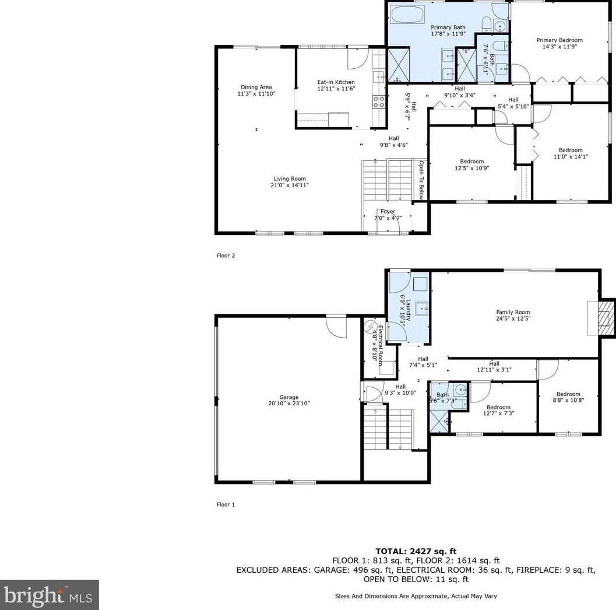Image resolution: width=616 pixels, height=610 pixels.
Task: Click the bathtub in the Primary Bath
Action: point(408,15)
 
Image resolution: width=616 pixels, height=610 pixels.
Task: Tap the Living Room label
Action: point(290,181)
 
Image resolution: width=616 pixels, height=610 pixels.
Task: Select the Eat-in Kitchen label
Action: point(336,85)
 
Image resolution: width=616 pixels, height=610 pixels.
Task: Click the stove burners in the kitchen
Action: point(379,102)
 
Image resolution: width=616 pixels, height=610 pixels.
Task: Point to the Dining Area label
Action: point(256,90)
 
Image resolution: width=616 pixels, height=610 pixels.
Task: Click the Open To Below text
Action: point(421,180)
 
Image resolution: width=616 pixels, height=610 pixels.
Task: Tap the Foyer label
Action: point(388,215)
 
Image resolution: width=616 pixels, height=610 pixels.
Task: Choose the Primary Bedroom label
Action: point(559,43)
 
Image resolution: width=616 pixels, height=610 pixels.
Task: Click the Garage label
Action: point(289,400)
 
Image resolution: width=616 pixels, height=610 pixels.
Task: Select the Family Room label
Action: point(513,315)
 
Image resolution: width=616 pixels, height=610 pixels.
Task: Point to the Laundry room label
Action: point(405,310)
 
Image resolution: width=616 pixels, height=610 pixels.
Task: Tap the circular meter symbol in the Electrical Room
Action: point(370,327)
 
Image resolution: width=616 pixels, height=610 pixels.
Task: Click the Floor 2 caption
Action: point(226,255)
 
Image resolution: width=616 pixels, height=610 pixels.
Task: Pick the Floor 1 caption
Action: point(226,504)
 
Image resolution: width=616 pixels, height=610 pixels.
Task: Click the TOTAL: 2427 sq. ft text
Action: point(416,552)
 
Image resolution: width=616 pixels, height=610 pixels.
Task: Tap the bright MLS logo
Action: point(49,595)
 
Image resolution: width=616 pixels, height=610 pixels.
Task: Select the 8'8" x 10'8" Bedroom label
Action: point(568,397)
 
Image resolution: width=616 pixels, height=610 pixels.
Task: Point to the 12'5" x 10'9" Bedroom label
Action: point(472,164)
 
